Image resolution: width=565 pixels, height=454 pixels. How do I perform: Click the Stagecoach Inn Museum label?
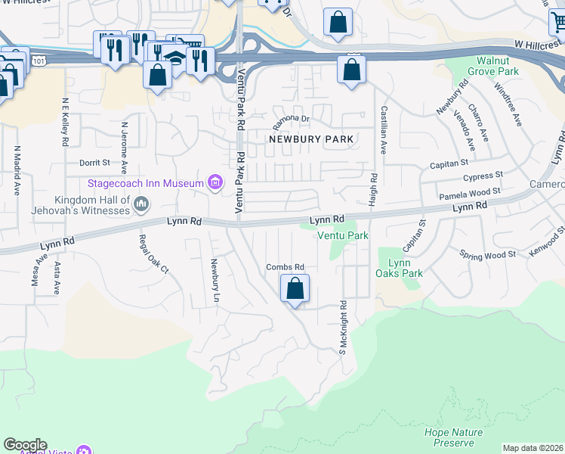[x=147, y=183]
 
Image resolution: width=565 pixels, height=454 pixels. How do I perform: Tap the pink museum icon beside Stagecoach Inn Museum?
[x=216, y=182]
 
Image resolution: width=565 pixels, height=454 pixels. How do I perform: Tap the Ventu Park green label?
[x=342, y=235]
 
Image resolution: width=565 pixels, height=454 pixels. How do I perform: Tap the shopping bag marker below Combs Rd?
[x=295, y=288]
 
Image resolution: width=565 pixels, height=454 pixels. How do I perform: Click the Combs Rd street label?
[x=285, y=267]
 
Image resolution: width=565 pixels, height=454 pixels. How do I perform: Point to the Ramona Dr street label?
[x=292, y=120]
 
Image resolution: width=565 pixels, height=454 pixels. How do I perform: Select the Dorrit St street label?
[x=94, y=162]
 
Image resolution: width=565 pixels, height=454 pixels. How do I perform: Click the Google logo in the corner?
[x=25, y=445]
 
